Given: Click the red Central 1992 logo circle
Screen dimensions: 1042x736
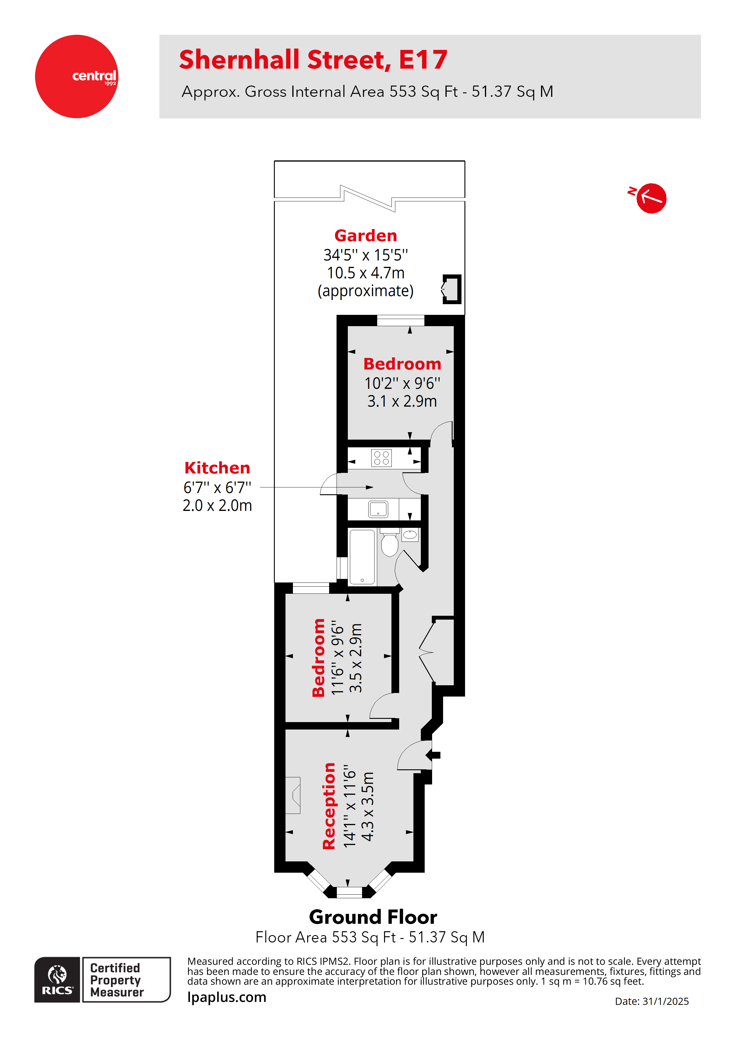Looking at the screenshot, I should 76,76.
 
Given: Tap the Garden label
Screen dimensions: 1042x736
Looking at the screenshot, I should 366,236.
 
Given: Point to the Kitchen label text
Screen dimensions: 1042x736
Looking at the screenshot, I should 217,468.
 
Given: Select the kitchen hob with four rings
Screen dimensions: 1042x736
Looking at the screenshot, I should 381,458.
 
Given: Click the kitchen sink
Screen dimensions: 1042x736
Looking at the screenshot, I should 378,509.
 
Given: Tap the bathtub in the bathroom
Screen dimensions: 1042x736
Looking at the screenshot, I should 362,557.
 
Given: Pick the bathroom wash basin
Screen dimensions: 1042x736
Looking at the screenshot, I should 410,535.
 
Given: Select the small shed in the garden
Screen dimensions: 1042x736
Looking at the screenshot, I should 452,289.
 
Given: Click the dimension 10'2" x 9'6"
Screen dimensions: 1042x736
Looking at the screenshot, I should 402,383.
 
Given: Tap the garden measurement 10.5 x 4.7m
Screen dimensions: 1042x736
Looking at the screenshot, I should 366,273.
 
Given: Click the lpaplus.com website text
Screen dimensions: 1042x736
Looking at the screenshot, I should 227,997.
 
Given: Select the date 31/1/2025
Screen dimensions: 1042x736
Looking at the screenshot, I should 665,1001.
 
